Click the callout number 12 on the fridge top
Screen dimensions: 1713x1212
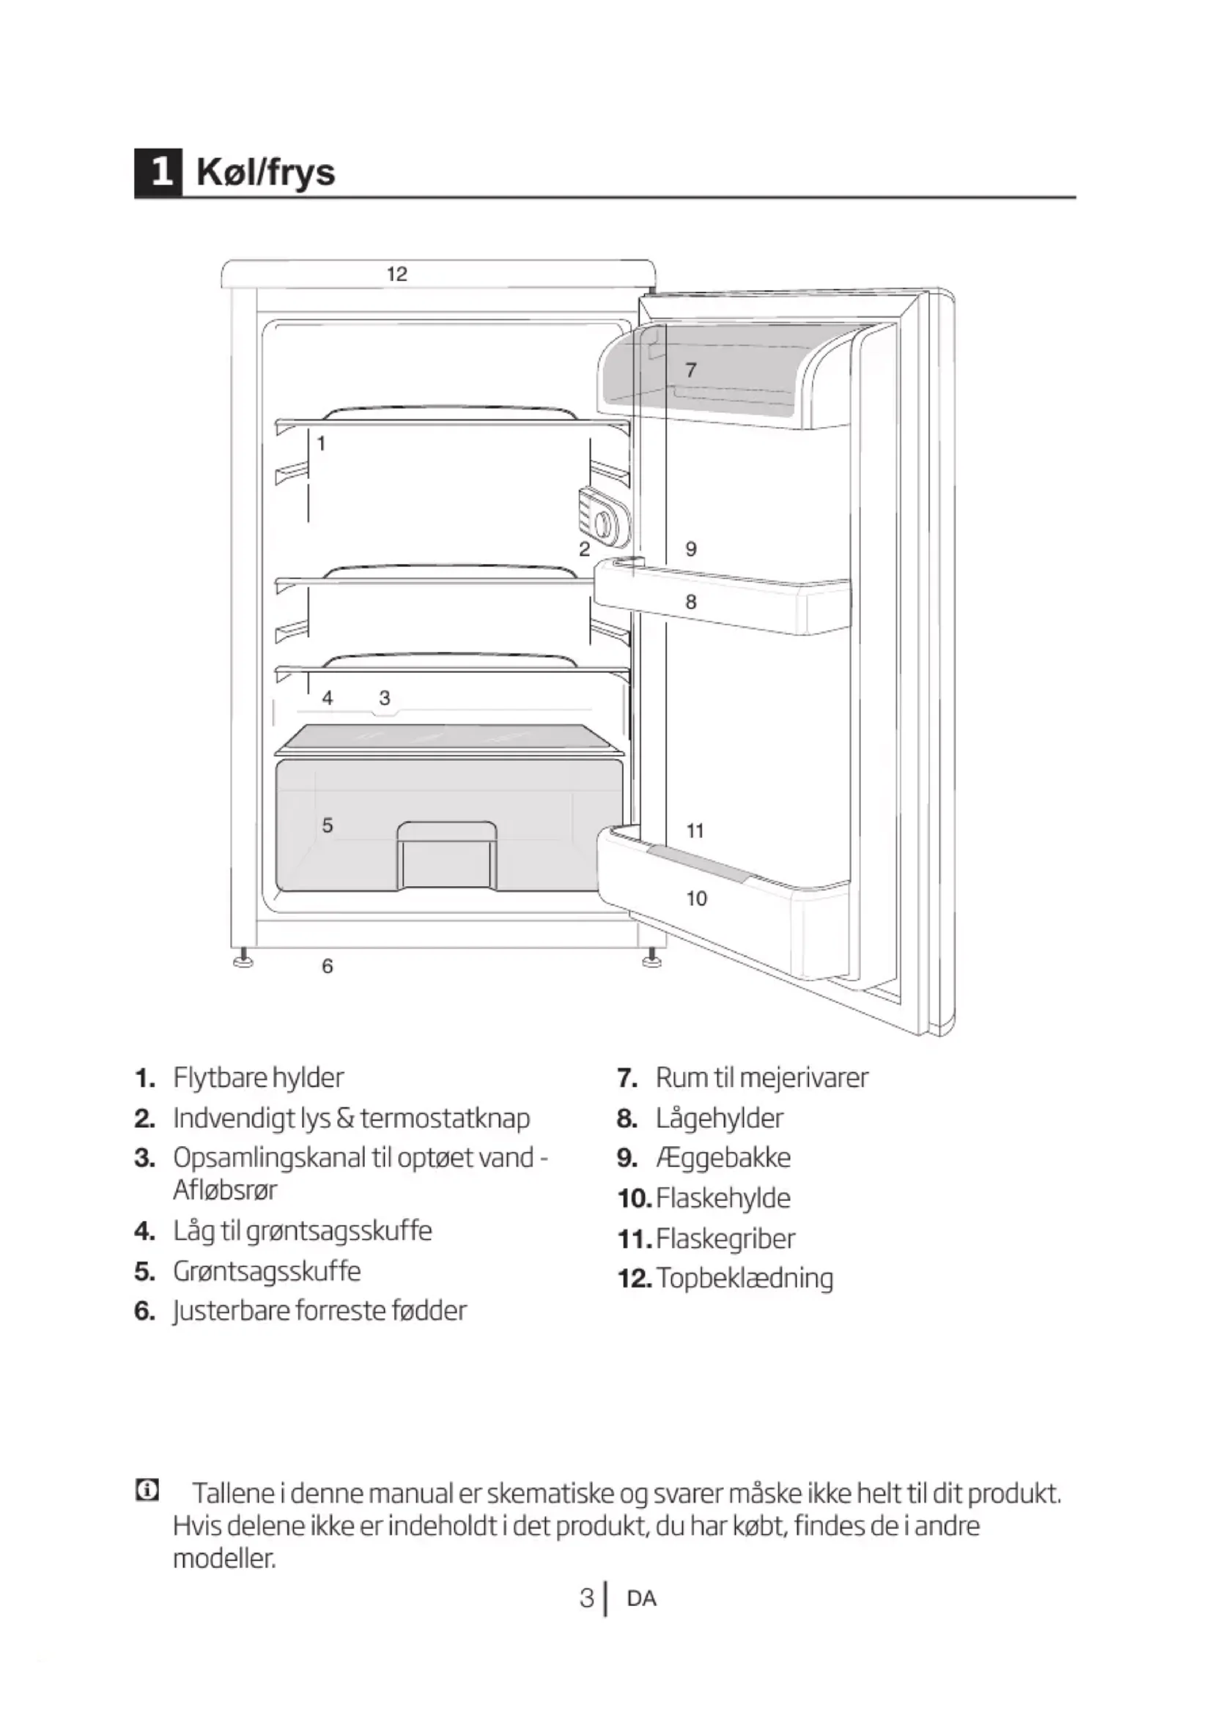(397, 274)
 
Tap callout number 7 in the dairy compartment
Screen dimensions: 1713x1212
(691, 369)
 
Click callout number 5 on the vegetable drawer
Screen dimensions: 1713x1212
(327, 825)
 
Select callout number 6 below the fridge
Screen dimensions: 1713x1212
(327, 966)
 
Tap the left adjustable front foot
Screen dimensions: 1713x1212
(243, 959)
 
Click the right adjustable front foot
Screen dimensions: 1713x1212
(651, 959)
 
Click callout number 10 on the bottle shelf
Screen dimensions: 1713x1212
(696, 899)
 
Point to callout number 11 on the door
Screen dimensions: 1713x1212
(695, 831)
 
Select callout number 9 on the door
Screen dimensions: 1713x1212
(691, 549)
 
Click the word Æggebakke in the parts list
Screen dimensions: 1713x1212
(723, 1157)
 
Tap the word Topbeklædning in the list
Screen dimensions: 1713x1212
(744, 1278)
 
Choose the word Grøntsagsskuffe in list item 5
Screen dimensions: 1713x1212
(267, 1270)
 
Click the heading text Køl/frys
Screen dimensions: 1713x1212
(266, 172)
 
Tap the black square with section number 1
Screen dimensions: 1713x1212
(158, 172)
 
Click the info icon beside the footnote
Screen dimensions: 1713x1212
(147, 1491)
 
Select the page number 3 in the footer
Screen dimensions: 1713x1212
(587, 1598)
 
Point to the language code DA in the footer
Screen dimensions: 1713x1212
(642, 1599)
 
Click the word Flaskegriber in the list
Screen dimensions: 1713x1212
(725, 1238)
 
